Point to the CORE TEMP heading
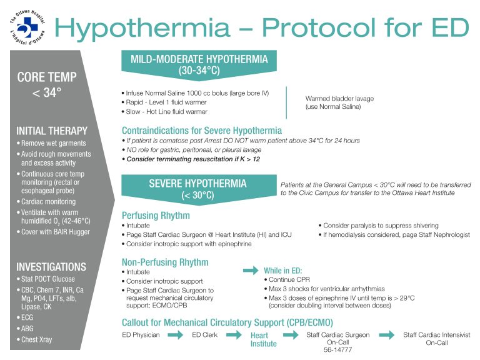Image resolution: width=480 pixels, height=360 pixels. (47, 77)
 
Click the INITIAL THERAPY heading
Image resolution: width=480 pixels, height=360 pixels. (52, 131)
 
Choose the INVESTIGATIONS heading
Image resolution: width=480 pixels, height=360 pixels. (51, 266)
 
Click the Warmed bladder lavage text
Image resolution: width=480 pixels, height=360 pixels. (339, 99)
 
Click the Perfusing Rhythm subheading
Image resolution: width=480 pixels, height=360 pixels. (156, 214)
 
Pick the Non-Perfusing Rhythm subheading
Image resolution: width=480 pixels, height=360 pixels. (165, 262)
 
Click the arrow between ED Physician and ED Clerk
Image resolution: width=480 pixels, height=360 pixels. (176, 335)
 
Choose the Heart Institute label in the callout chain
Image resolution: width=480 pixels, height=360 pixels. (263, 339)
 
